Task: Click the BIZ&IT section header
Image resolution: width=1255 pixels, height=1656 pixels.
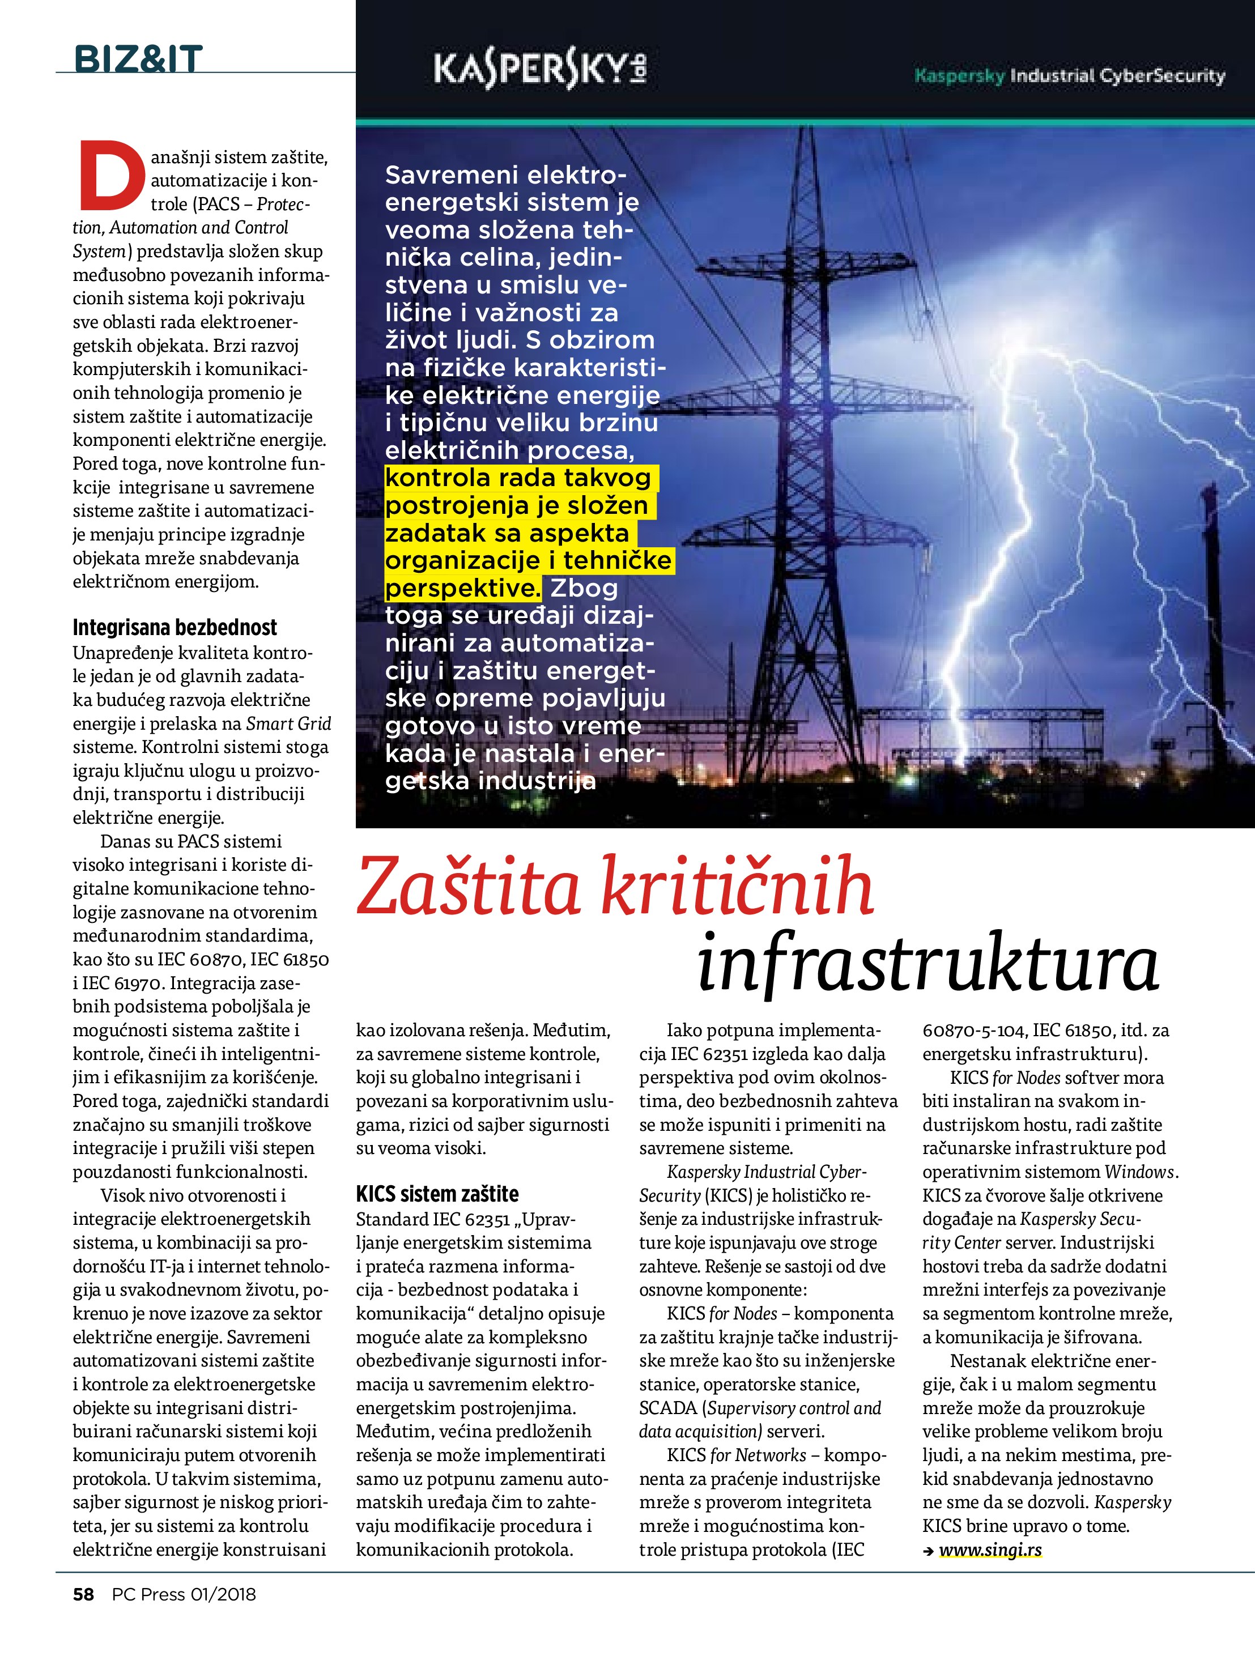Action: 138,59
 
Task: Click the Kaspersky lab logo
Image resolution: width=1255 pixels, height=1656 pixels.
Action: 540,73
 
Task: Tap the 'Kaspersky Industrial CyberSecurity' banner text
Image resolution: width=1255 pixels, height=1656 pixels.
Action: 1069,75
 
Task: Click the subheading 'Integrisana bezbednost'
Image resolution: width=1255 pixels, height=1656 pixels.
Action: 175,627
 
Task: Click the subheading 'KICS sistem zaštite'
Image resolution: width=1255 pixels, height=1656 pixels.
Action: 437,1194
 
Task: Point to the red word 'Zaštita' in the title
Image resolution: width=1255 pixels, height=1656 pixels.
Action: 469,889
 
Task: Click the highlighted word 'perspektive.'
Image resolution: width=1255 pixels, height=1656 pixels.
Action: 462,589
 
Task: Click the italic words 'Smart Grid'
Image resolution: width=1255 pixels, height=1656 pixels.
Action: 288,724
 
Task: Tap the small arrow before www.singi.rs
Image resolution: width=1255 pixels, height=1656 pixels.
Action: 929,1551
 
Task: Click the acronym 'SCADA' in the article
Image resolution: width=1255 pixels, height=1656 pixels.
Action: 668,1408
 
